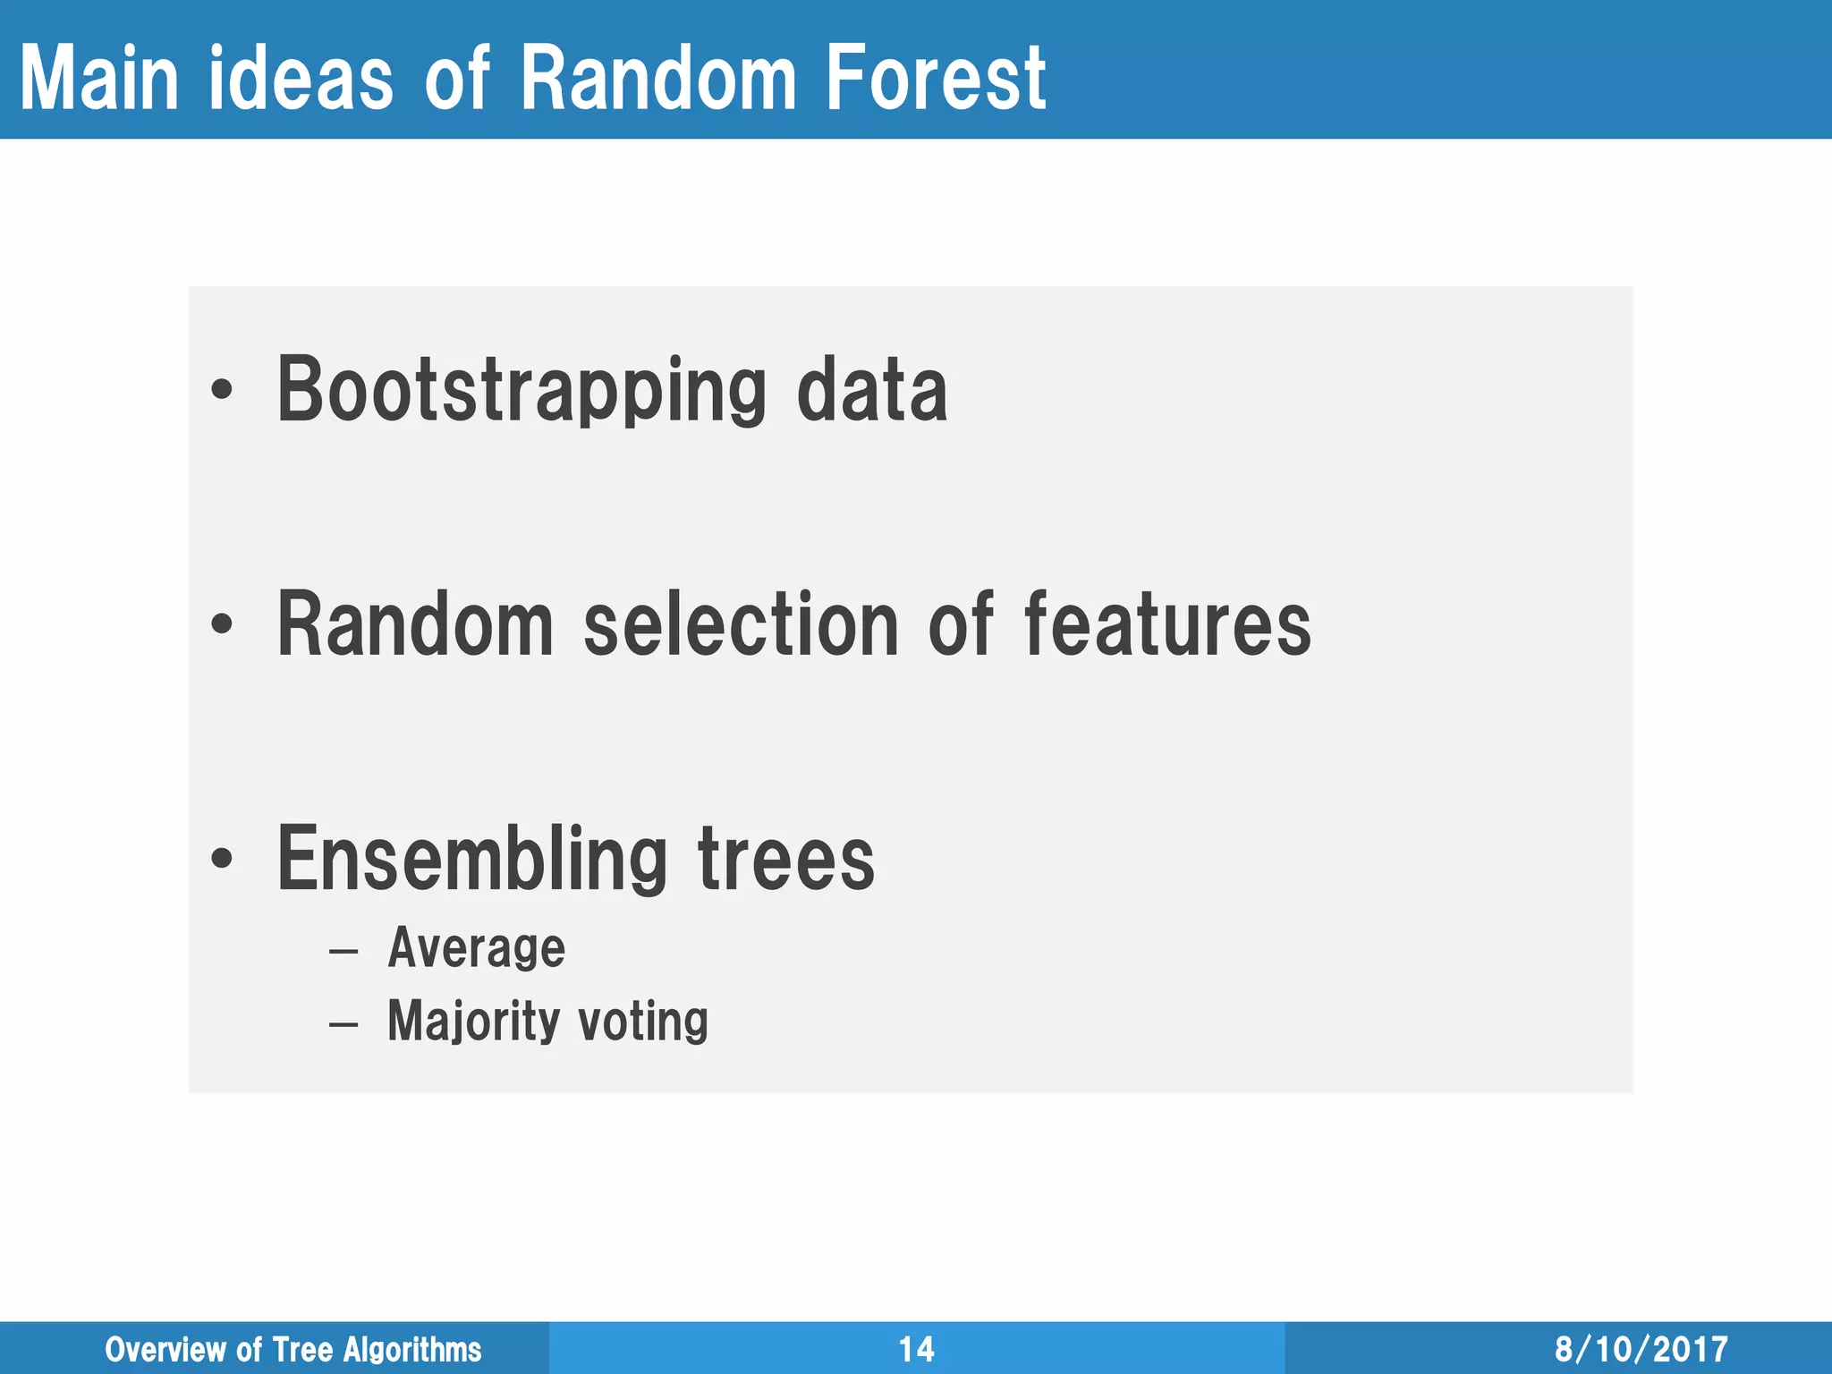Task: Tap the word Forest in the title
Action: (x=935, y=79)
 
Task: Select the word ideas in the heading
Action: (x=300, y=79)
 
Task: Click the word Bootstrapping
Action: (x=522, y=390)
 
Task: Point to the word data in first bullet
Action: (x=871, y=390)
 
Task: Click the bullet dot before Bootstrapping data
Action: (x=222, y=390)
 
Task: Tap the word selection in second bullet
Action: (x=741, y=624)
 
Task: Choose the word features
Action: (x=1167, y=624)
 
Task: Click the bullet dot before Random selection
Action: (x=222, y=624)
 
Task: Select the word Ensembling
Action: (x=472, y=859)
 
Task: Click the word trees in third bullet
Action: (x=785, y=859)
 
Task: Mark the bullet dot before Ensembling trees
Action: (x=222, y=859)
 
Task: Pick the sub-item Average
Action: (x=476, y=948)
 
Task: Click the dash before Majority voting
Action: (x=343, y=1023)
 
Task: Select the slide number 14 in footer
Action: (x=916, y=1349)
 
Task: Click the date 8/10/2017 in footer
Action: (x=1641, y=1349)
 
